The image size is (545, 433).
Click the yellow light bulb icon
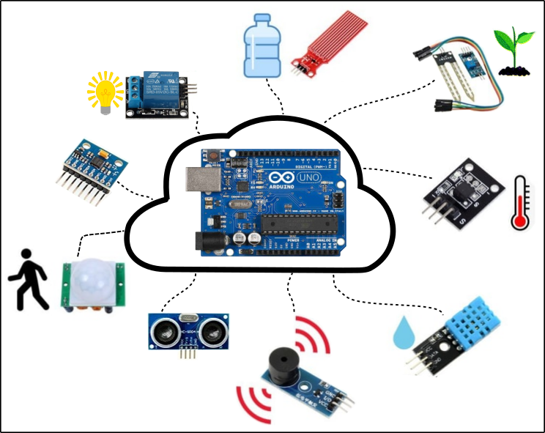105,91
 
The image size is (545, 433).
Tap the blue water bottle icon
261,47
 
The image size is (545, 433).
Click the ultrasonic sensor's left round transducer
163,329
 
